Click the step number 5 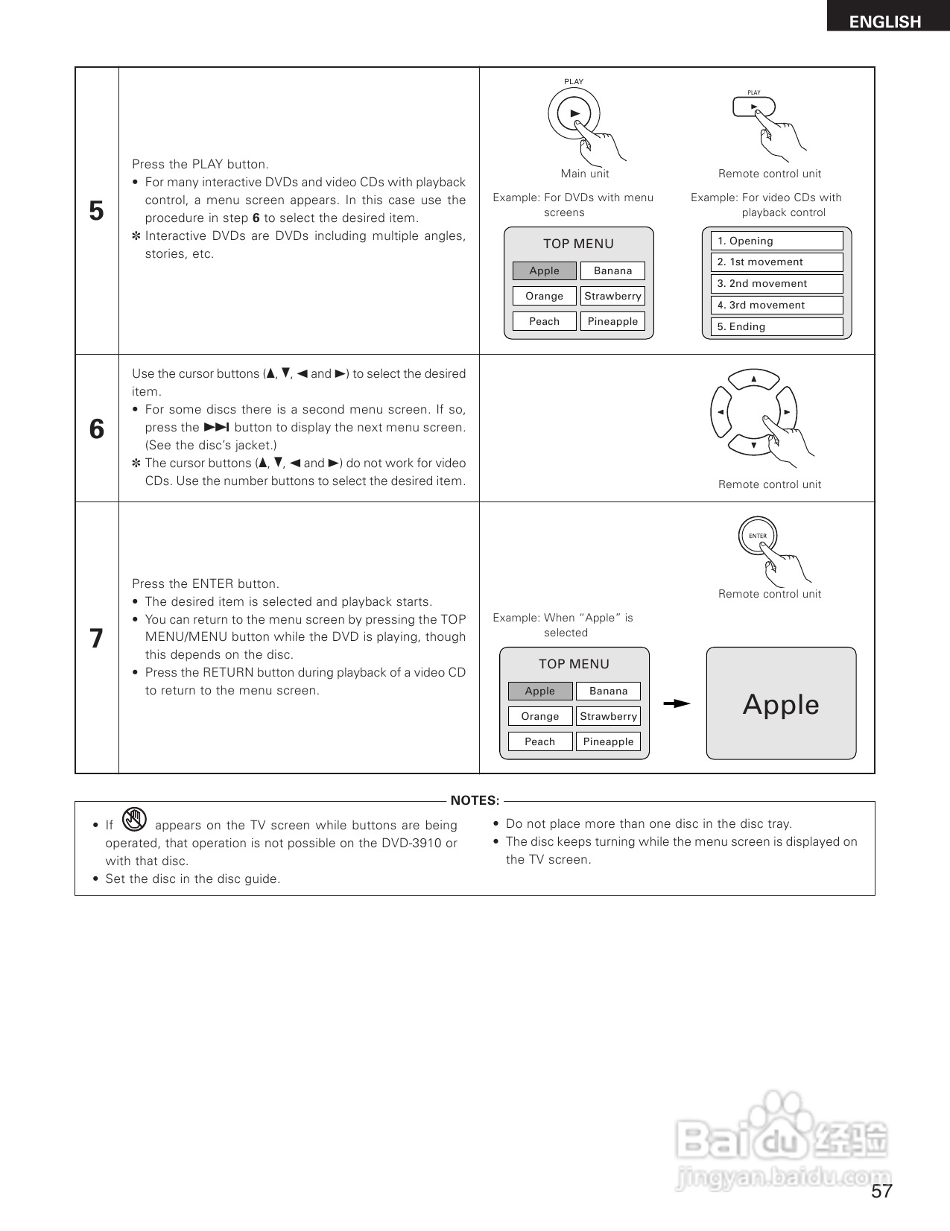(96, 211)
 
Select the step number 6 (96, 429)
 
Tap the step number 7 (96, 639)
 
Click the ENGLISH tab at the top (885, 22)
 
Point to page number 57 (881, 1192)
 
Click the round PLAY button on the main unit (574, 114)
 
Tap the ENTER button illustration (757, 536)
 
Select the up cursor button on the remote (754, 379)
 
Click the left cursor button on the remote (721, 412)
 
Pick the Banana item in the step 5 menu (612, 271)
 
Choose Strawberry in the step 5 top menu (612, 297)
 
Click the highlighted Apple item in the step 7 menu (539, 692)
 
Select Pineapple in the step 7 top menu (608, 742)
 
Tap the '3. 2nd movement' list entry (776, 284)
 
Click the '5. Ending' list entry (776, 327)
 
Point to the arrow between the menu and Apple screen (677, 703)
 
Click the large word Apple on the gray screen (781, 705)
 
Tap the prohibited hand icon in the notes (134, 820)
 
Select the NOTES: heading (475, 801)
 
